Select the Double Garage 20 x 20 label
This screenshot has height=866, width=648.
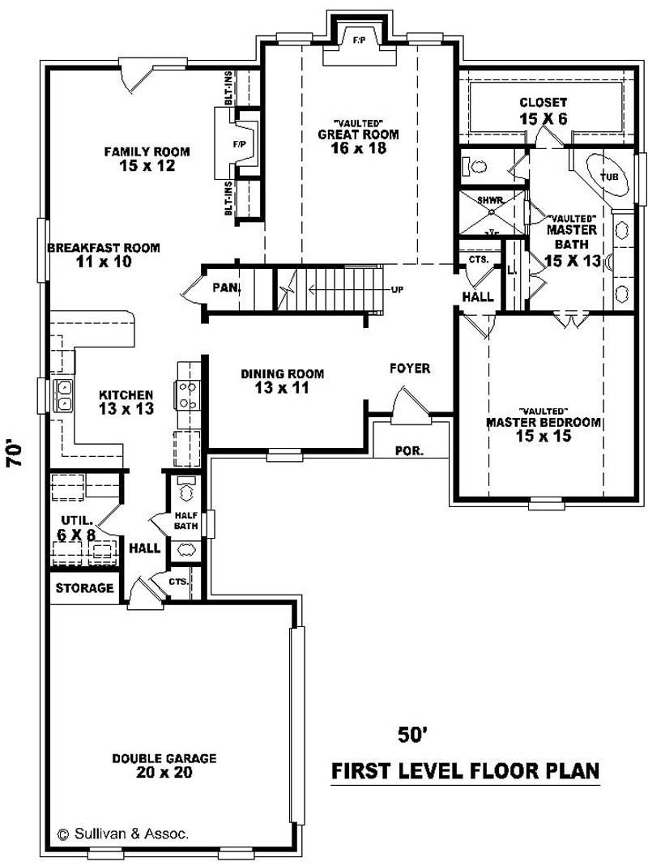click(x=164, y=766)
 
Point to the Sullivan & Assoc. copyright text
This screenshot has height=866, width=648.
click(x=123, y=832)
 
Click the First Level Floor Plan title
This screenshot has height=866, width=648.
click(x=466, y=770)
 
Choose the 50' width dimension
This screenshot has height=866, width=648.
click(x=411, y=734)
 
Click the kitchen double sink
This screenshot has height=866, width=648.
click(x=63, y=396)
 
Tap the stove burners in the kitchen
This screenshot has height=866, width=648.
click(x=187, y=395)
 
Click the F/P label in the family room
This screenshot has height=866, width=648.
click(x=239, y=144)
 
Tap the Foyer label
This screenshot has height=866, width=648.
click(x=410, y=369)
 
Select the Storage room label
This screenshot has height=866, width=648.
click(x=84, y=588)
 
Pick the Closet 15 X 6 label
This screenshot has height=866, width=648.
click(x=543, y=110)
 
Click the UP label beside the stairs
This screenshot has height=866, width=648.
click(x=398, y=289)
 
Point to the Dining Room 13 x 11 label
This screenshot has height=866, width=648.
click(x=282, y=381)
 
